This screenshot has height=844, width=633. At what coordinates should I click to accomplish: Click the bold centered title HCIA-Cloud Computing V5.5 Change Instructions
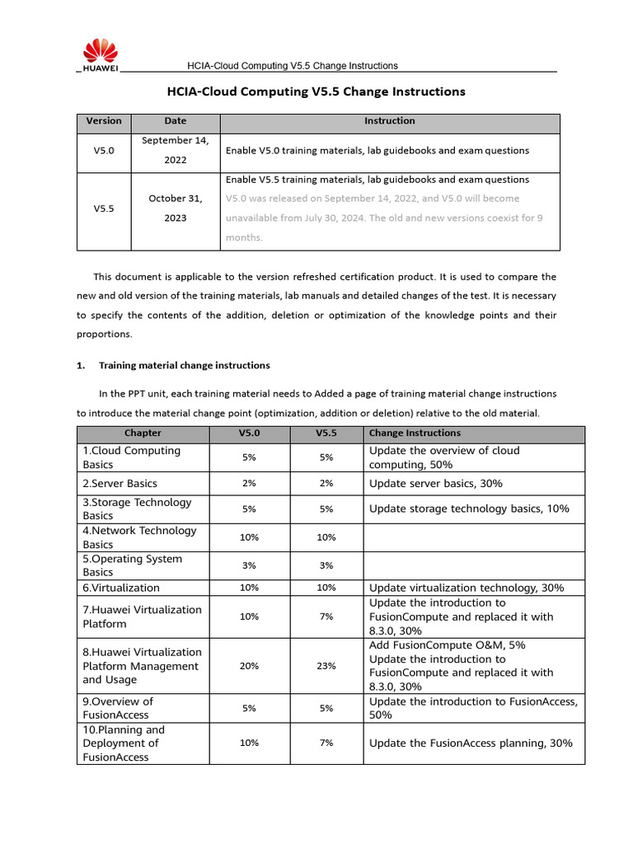point(316,91)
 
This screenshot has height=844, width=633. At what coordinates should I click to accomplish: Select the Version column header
point(104,121)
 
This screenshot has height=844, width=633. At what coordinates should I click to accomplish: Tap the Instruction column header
point(390,121)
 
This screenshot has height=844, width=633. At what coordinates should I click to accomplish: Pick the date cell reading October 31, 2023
point(175,209)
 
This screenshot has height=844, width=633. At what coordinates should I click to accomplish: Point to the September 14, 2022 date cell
point(175,150)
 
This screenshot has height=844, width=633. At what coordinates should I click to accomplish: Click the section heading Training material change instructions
point(184,365)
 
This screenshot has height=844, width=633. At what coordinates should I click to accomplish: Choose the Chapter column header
point(143,434)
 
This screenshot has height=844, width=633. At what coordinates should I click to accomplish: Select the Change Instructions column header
point(415,434)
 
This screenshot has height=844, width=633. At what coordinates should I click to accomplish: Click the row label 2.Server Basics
point(120,484)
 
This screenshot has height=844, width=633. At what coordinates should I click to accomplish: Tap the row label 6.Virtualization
point(121,588)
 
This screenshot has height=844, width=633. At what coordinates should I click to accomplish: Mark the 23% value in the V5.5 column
point(326,666)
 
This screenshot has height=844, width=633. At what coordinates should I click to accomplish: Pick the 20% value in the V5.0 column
point(249,666)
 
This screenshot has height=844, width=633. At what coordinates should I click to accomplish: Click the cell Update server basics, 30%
point(436,484)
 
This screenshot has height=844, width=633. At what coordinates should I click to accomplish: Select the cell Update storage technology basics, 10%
point(469,509)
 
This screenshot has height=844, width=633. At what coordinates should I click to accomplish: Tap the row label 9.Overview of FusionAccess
point(118,709)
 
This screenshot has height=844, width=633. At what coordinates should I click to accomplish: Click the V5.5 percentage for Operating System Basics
point(326,565)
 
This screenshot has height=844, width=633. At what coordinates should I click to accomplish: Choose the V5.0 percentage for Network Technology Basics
point(249,537)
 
